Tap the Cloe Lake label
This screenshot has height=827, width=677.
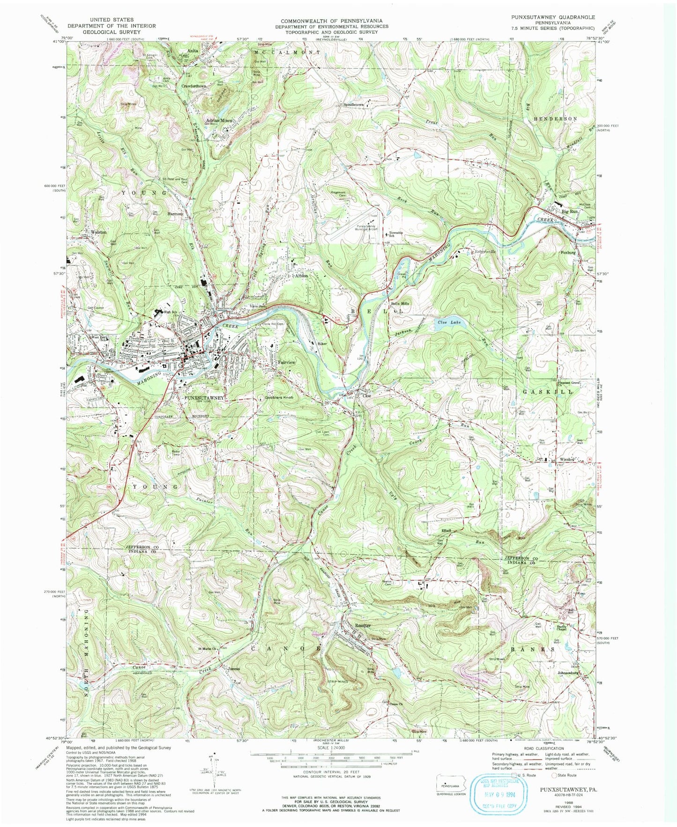pos(449,322)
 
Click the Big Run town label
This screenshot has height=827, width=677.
pos(570,212)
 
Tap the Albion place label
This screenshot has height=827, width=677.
pos(301,276)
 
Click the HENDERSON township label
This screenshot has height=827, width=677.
pos(555,119)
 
